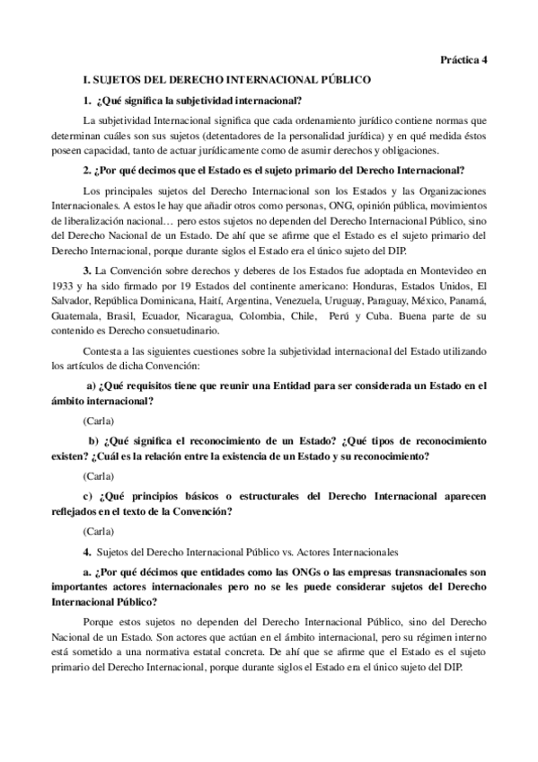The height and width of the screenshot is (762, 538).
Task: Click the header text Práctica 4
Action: coord(463,60)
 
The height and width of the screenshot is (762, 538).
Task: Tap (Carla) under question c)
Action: coord(98,530)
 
